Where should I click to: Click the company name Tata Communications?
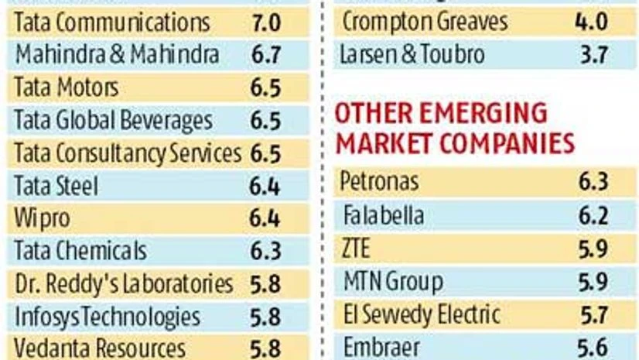(113, 22)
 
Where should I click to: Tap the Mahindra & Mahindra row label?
(117, 54)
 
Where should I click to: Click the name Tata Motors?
(67, 87)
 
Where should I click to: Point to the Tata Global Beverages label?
(114, 121)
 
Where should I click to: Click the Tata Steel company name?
(56, 186)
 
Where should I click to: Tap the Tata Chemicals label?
(80, 251)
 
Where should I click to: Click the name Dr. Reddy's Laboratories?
(124, 284)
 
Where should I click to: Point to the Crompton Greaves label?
(425, 22)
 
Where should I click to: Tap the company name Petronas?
(380, 182)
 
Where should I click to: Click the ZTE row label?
(357, 249)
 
